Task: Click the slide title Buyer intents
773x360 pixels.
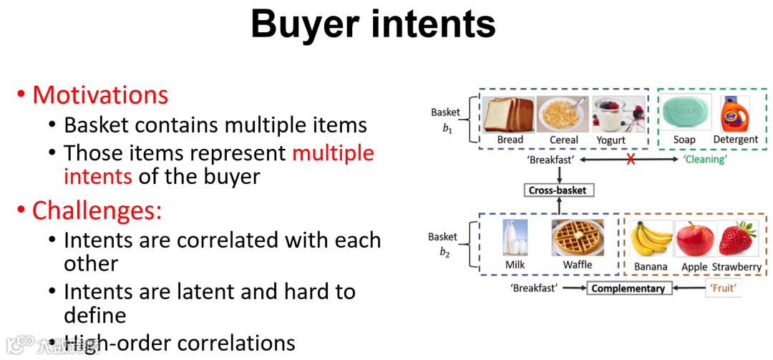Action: point(373,25)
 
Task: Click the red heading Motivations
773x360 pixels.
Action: point(100,95)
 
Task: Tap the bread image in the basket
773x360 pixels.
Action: point(508,115)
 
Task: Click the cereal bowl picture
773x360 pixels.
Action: point(562,115)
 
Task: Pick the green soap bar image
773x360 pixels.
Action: point(686,113)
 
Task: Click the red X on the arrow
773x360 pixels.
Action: point(631,160)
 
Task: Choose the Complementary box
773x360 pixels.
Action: point(627,288)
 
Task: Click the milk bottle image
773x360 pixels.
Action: point(515,238)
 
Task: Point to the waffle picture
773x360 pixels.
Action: point(577,238)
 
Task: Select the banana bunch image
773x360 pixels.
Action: point(651,239)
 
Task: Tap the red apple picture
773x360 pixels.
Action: point(694,239)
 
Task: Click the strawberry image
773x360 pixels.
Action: point(737,239)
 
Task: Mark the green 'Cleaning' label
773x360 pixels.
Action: point(704,160)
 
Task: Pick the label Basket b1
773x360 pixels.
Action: point(445,120)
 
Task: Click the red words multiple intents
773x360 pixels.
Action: point(219,165)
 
